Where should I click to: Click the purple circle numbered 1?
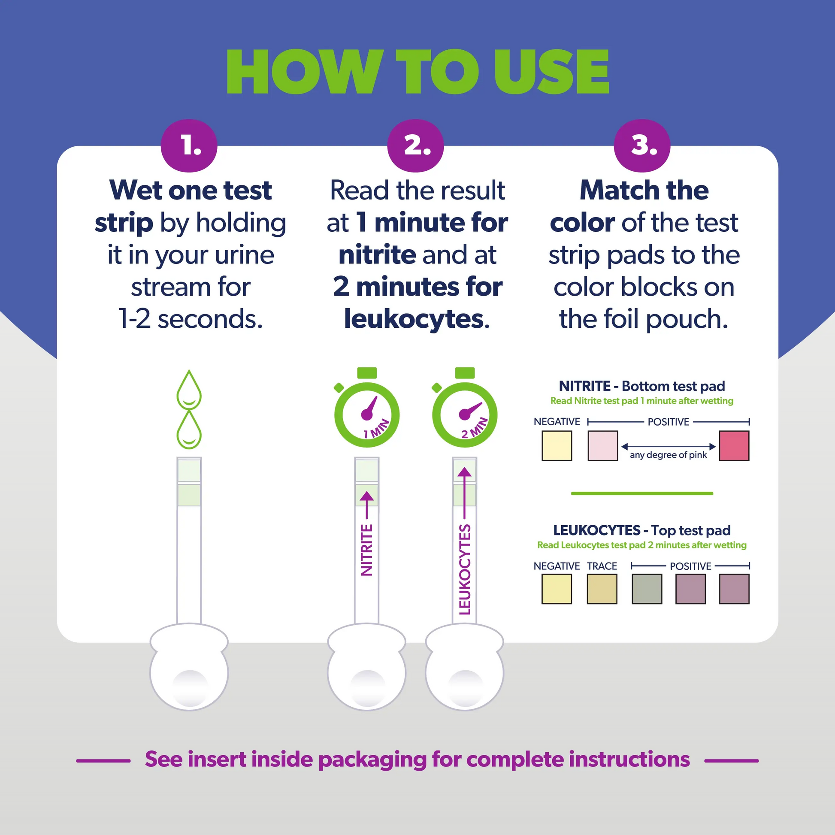coord(189,145)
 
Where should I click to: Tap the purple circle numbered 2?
coord(415,145)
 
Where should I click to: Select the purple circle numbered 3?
coord(642,145)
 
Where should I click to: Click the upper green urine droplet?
coord(189,390)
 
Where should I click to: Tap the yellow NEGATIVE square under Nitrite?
coord(557,445)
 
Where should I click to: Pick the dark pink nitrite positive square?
coord(734,445)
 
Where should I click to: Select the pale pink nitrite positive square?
coord(602,445)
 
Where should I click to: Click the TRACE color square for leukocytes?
coord(602,589)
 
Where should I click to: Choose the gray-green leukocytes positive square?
coord(647,589)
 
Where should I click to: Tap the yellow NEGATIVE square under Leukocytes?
coord(557,589)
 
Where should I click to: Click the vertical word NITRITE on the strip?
coord(366,550)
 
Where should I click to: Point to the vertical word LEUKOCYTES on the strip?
coord(465,569)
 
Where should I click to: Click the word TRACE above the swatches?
coord(602,566)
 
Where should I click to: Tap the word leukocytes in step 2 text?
coord(414,319)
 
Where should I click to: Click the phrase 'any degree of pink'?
coord(668,455)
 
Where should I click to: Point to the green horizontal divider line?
coord(642,493)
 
